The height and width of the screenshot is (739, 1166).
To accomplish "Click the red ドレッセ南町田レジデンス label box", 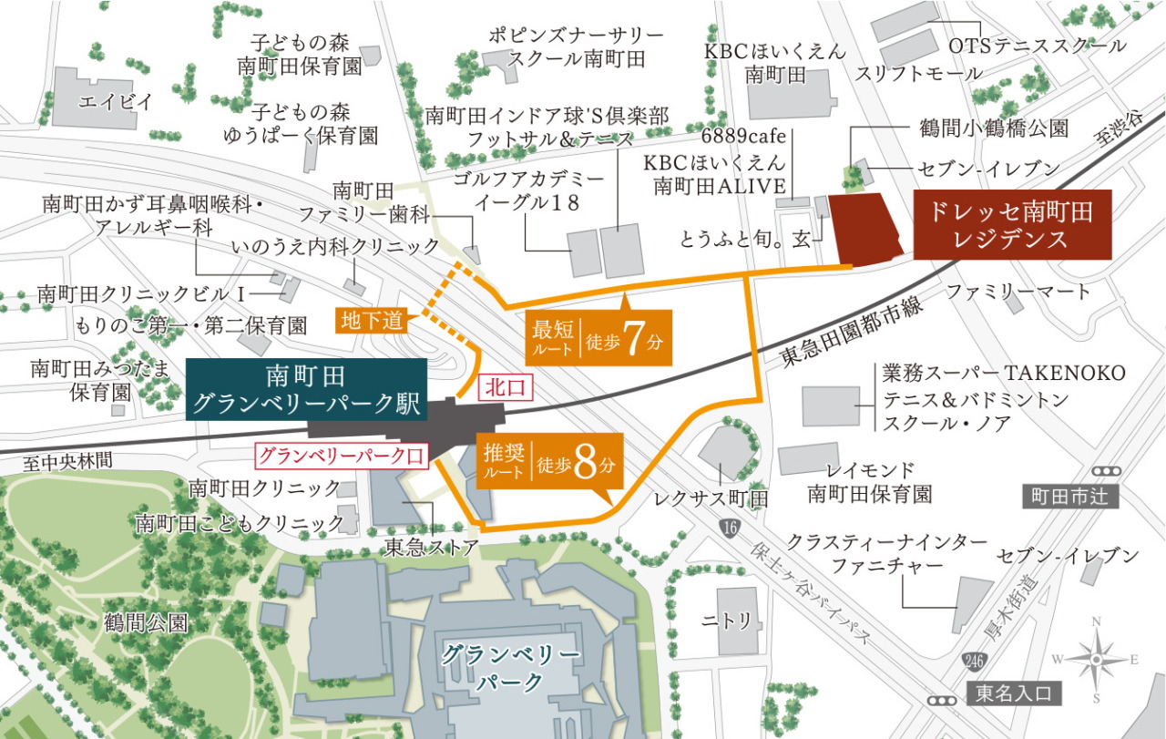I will click(1013, 225).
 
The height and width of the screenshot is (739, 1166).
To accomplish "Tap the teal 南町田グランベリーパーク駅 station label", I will click(306, 390).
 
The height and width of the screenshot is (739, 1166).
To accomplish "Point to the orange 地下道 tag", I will click(373, 320).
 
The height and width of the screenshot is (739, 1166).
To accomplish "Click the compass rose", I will click(1097, 658).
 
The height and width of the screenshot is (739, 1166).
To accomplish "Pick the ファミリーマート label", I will click(1018, 293).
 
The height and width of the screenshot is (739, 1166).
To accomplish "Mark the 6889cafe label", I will click(742, 137).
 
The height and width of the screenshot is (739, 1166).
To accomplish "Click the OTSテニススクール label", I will click(1037, 46).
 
